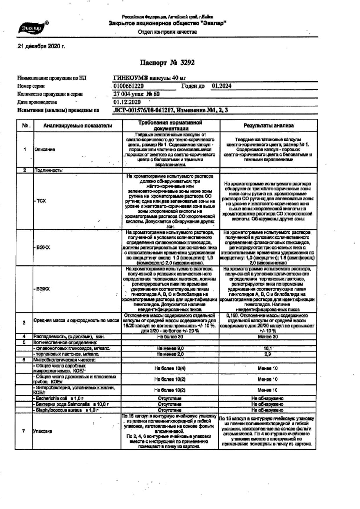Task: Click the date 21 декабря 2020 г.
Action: click(x=41, y=46)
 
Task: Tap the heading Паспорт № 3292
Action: click(x=167, y=63)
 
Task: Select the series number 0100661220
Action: click(x=128, y=86)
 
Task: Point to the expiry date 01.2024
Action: click(x=222, y=86)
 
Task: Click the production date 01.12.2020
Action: click(x=127, y=102)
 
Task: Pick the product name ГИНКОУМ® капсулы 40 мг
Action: click(x=150, y=78)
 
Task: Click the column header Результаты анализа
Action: click(x=268, y=126)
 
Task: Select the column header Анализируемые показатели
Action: click(x=78, y=126)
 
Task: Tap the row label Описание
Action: click(x=44, y=149)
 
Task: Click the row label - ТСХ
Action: click(x=40, y=201)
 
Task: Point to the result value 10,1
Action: click(x=267, y=348)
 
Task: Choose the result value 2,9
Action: click(x=267, y=354)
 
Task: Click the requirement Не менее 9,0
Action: click(x=170, y=348)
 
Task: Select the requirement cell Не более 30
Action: click(x=170, y=337)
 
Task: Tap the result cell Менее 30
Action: click(x=267, y=337)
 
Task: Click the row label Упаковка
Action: click(x=43, y=431)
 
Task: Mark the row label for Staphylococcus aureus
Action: click(x=67, y=410)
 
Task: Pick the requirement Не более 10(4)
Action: click(x=170, y=368)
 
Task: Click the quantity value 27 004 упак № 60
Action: click(x=136, y=94)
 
